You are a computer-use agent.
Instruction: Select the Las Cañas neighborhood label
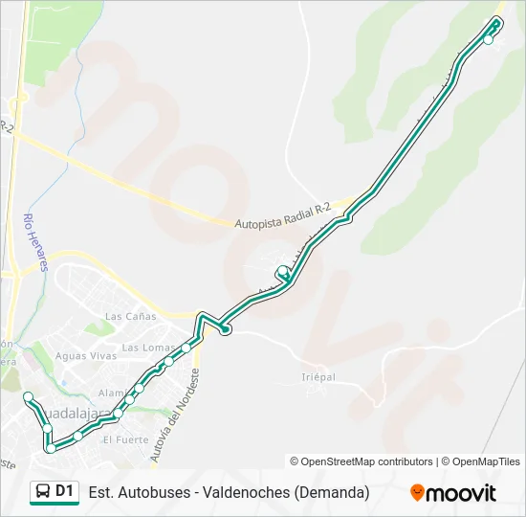click(x=130, y=316)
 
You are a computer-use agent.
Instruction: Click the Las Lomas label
click(x=147, y=347)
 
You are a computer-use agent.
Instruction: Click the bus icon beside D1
click(x=43, y=492)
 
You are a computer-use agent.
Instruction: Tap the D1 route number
click(x=65, y=492)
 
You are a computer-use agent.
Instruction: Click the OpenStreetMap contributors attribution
click(x=366, y=461)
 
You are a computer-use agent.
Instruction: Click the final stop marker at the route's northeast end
click(x=489, y=39)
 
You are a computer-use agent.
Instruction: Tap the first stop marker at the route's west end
click(x=29, y=396)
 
